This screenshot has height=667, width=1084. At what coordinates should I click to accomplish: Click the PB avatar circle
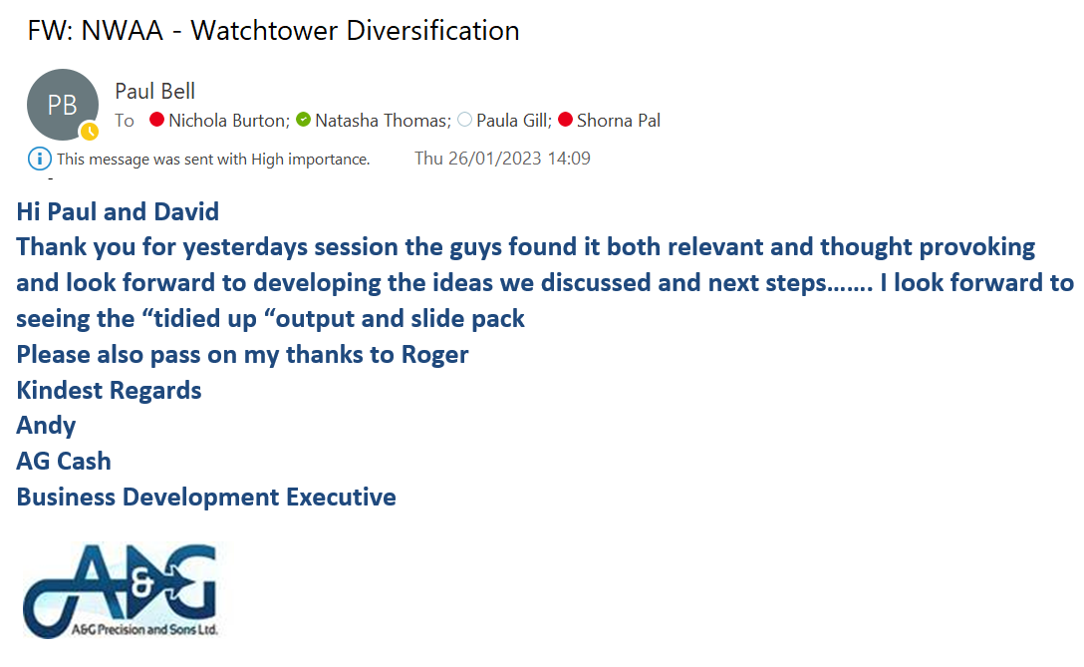(x=62, y=105)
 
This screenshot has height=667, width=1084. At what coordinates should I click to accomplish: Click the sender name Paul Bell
(x=154, y=92)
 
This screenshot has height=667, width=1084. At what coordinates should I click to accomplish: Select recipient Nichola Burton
(x=229, y=121)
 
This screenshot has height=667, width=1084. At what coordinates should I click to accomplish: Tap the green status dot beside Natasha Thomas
(x=304, y=120)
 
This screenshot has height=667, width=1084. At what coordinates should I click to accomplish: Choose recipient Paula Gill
(x=514, y=121)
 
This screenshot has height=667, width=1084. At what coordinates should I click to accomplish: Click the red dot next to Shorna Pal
(x=566, y=120)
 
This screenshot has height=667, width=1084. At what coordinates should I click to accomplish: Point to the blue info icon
(x=40, y=159)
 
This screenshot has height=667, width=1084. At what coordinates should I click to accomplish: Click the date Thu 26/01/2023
(x=477, y=159)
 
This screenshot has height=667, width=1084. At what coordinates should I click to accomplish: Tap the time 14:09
(x=569, y=159)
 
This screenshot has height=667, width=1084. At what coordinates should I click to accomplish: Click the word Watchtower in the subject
(x=264, y=31)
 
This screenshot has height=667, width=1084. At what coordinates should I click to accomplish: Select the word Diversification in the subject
(x=432, y=31)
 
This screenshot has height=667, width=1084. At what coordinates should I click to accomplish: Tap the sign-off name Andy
(x=46, y=426)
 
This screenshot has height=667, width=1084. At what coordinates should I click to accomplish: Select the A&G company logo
(x=122, y=591)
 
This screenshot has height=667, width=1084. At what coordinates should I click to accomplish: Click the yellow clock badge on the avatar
(x=90, y=132)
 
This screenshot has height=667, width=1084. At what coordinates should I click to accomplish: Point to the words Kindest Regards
(x=110, y=391)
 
